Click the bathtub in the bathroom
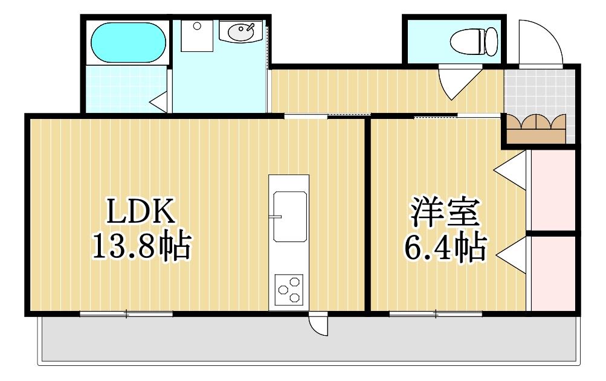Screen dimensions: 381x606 [128, 42]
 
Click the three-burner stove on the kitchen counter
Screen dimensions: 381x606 [289, 289]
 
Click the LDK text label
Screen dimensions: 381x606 [141, 211]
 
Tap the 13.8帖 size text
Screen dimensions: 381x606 [141, 245]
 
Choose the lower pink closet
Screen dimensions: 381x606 [553, 273]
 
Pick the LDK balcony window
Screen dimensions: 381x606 [126, 313]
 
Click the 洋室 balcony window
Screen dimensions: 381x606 [436, 313]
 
